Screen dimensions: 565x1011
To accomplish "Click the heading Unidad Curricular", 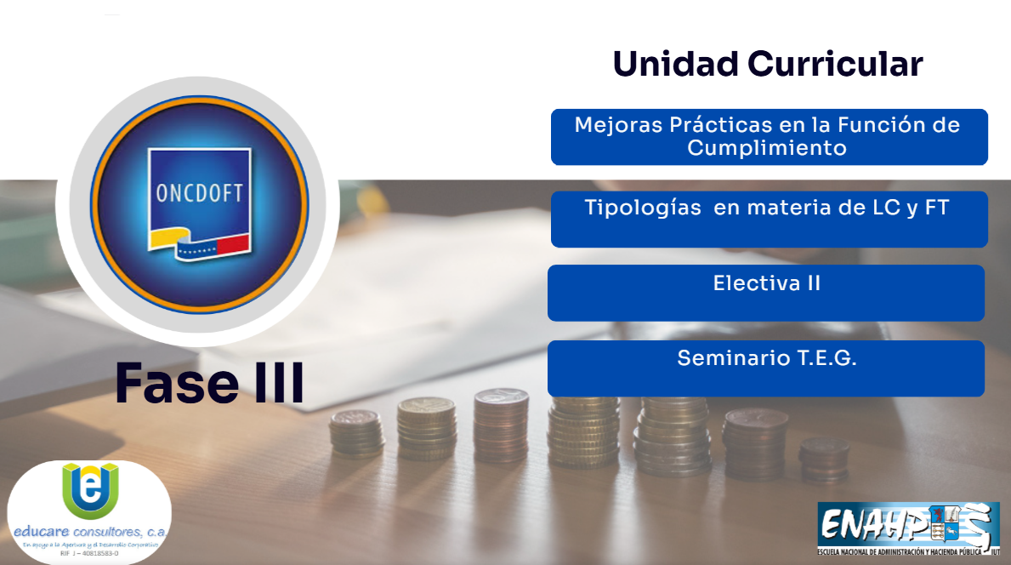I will click(767, 65).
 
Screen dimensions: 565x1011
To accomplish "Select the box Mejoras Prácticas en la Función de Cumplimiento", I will click(769, 137).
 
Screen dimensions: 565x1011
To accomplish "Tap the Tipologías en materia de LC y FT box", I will click(769, 220).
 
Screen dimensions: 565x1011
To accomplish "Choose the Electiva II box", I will click(765, 293).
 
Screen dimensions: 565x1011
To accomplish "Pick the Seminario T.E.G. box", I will click(765, 368).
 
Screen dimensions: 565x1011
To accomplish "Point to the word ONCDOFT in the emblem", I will click(200, 193).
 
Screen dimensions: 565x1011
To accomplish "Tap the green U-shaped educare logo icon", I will click(90, 489).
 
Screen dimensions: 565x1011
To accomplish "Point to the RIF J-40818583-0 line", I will click(89, 553).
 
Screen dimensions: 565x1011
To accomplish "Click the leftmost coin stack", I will click(357, 433).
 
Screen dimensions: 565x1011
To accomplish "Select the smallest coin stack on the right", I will click(823, 459).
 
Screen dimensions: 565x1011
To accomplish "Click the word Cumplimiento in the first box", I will click(767, 148).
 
